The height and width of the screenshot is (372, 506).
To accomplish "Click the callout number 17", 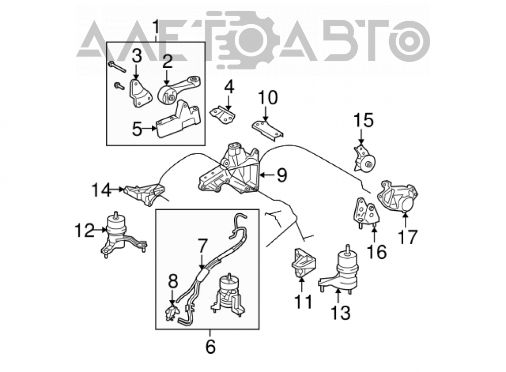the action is [x=407, y=237].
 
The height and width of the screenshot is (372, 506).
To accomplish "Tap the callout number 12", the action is [x=85, y=230].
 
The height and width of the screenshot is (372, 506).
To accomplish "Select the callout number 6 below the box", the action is [x=210, y=347].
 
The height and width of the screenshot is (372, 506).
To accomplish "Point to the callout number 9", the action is [x=282, y=175].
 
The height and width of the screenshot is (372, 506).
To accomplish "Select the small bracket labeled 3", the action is [x=140, y=93].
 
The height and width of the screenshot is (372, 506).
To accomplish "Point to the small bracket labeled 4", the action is [x=223, y=115].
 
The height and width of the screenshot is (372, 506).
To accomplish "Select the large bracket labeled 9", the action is [x=230, y=170].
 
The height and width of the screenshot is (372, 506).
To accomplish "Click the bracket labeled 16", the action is [x=366, y=212].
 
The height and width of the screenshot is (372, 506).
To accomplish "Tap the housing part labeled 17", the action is [x=398, y=196].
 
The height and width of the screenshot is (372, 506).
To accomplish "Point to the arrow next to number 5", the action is [x=149, y=128].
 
